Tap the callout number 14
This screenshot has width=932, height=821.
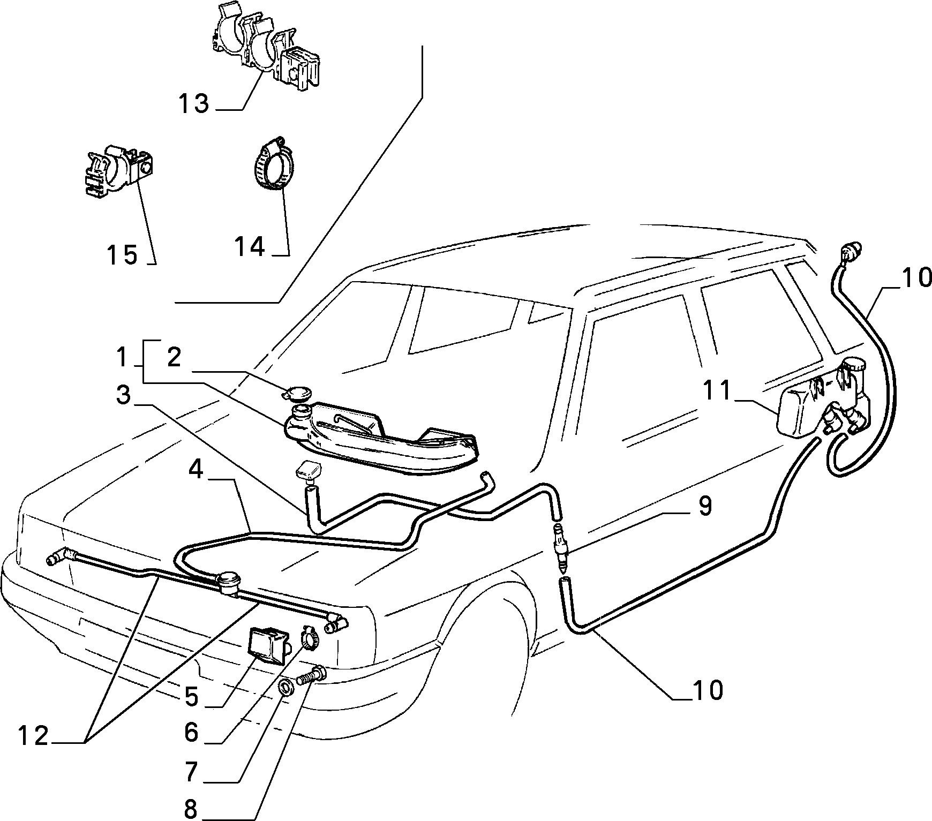[250, 246]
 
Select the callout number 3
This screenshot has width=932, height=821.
[124, 396]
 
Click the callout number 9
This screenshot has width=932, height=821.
[705, 506]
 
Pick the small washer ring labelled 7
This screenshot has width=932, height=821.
[287, 686]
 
